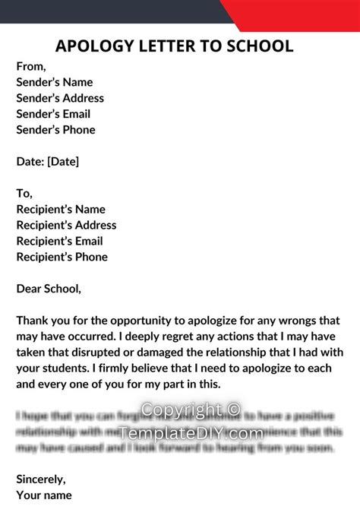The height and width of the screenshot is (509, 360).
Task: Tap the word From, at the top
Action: coord(31,66)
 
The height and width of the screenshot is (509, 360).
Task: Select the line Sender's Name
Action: coord(55,82)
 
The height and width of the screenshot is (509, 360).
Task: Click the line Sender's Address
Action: coord(60,98)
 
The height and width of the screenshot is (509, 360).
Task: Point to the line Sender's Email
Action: coord(53,114)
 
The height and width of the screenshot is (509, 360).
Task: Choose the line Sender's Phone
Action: coord(55,130)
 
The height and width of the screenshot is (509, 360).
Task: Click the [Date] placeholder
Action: coord(63,162)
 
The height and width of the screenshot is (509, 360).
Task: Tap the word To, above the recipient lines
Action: coord(24,194)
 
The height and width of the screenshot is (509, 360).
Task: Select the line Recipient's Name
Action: coord(61,210)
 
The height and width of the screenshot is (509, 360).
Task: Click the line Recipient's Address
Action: coord(66,226)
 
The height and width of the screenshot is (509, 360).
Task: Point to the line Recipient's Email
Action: coord(59,242)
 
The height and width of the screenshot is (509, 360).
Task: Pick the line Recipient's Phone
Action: coord(62,258)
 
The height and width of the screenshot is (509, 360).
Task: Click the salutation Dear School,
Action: coord(48,289)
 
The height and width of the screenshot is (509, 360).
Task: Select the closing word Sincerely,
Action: coord(41,479)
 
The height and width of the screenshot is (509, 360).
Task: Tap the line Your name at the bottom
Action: coord(45,495)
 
